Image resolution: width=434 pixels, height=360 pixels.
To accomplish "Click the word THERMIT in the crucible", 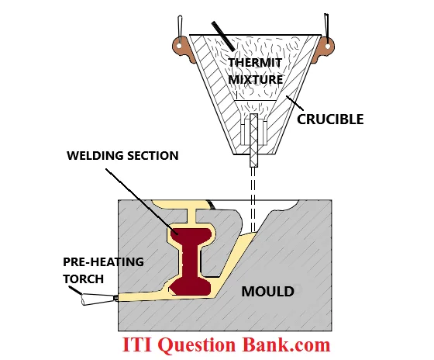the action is coord(255,63).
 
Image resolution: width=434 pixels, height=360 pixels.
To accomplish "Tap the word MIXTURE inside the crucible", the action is coord(255,80).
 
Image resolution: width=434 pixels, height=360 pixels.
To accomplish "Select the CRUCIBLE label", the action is coord(330,119).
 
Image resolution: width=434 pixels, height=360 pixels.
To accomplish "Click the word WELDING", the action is coord(95,156).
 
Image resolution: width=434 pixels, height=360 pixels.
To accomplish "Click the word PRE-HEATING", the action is coord(103,262).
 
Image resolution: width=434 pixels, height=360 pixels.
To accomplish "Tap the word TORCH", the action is coord(84,279).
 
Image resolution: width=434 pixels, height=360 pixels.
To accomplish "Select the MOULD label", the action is coord(267,292).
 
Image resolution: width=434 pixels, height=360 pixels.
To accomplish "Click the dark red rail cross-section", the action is coord(191,261).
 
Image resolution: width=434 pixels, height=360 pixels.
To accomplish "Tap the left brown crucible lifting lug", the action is coord(181,50).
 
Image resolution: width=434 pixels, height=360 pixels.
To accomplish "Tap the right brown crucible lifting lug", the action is coord(325,49).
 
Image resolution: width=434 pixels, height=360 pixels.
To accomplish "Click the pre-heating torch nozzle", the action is coord(99,299).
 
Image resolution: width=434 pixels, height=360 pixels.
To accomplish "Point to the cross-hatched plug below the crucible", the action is coord(254,140).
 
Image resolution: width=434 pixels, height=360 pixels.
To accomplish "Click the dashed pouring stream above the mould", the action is coord(253,199).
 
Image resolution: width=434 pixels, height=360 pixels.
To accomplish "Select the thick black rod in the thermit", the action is coord(223,36).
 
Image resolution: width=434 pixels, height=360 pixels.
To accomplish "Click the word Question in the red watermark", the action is coord(198,345).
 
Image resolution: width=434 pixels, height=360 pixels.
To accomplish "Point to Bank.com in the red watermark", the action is coord(287,344).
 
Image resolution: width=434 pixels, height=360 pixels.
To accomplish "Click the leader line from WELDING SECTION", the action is coord(141,201).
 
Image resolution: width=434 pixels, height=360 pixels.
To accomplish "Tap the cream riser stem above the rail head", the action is coord(192,216).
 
